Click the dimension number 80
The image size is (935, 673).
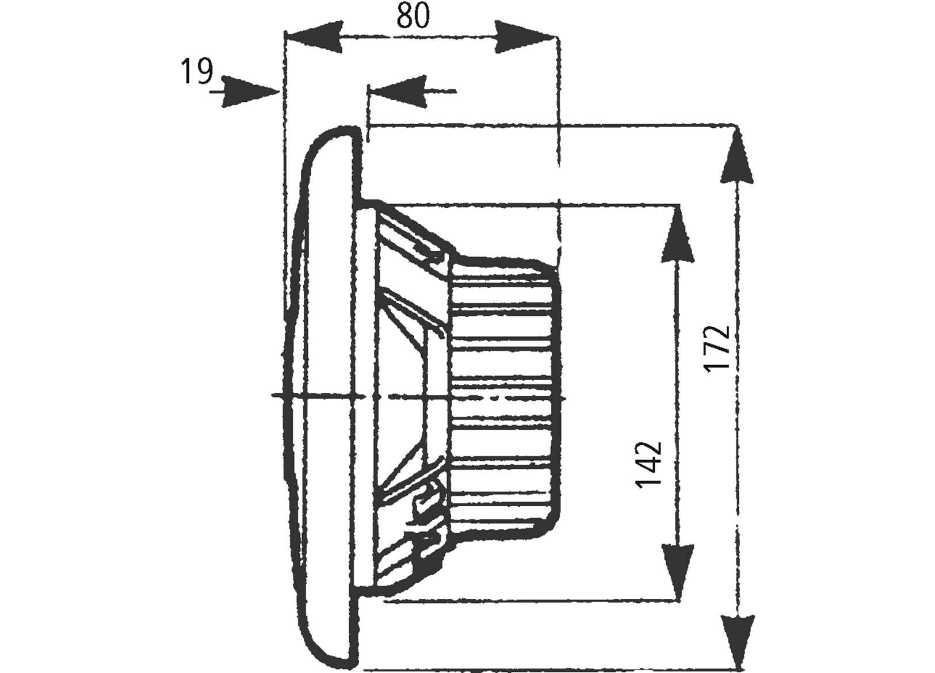point(413,16)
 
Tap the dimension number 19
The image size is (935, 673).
point(196,72)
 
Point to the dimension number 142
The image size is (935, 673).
point(649,464)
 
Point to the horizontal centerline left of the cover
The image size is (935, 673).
point(278,395)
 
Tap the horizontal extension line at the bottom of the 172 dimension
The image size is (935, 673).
point(547,669)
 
